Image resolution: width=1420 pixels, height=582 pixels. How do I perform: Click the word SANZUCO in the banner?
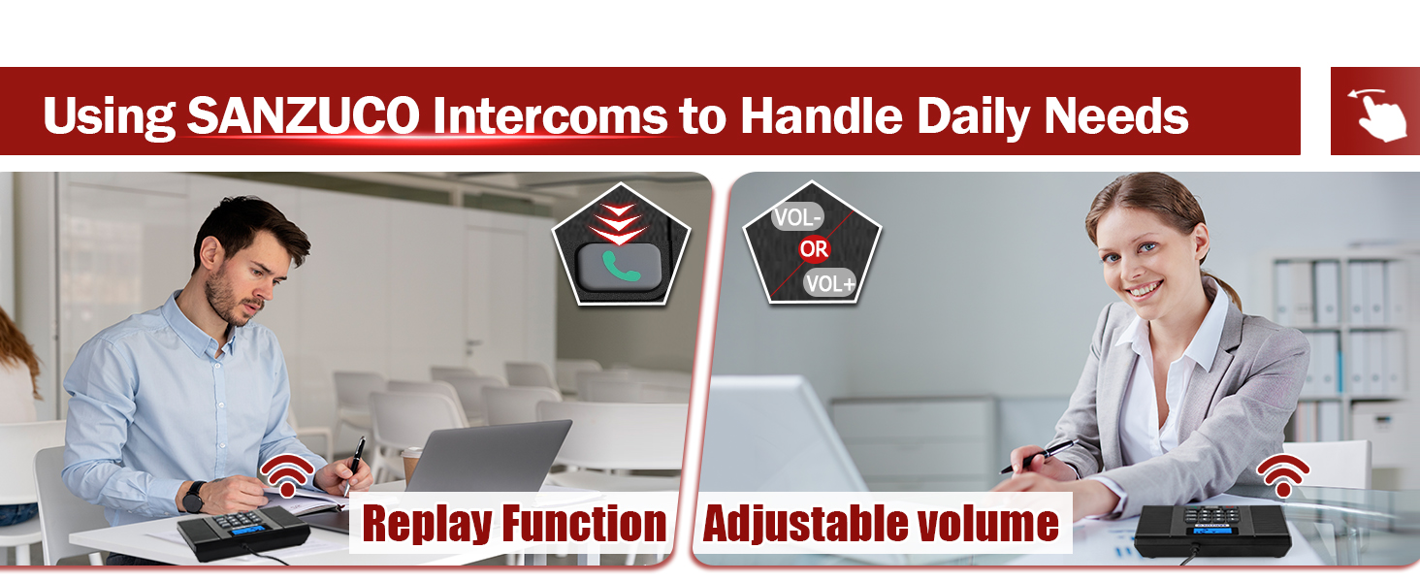pyautogui.click(x=303, y=116)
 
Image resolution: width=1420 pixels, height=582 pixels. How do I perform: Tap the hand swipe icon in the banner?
pyautogui.click(x=1375, y=112)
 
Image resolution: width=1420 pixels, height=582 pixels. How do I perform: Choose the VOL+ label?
pyautogui.click(x=829, y=282)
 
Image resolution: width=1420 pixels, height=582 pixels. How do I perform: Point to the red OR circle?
pyautogui.click(x=814, y=249)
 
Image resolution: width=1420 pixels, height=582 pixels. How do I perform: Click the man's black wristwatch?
pyautogui.click(x=193, y=496)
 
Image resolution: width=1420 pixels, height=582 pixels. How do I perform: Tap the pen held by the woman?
pyautogui.click(x=1038, y=456)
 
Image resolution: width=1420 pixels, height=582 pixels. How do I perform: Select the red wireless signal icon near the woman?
pyautogui.click(x=1282, y=473)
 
